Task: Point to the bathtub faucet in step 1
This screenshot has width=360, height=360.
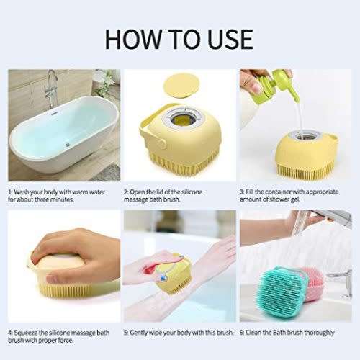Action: tap(52, 85)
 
